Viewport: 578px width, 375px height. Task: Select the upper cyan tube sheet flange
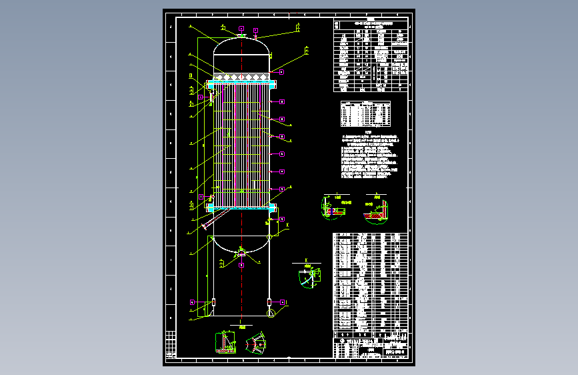tap(241, 85)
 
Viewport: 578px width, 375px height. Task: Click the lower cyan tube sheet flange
tap(241, 208)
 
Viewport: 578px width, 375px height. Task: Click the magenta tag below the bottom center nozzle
tap(241, 265)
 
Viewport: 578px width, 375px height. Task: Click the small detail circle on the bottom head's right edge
tap(269, 237)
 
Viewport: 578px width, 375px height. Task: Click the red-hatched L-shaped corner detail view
tap(375, 208)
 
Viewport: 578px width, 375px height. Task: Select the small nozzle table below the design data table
tap(364, 113)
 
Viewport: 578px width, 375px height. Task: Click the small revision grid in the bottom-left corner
tap(172, 344)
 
